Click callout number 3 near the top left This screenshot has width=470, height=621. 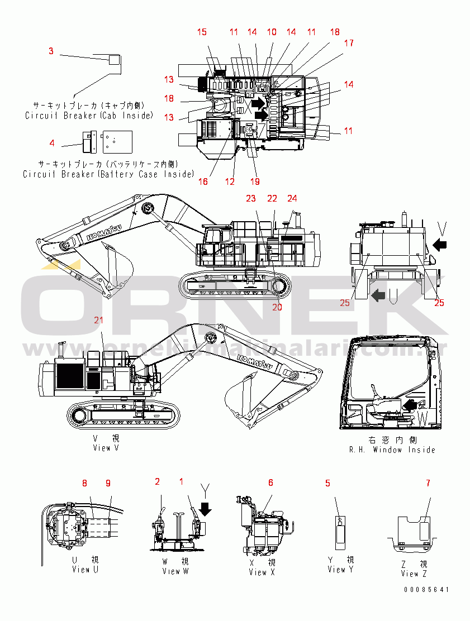tap(51, 51)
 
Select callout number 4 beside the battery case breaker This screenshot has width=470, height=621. tap(52, 143)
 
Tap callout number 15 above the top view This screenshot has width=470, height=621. tap(202, 32)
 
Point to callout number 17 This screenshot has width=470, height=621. tap(349, 43)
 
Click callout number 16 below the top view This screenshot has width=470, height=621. tap(203, 181)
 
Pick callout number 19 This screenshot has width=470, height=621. tap(255, 181)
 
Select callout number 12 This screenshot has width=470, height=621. tap(230, 181)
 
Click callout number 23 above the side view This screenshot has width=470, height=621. tap(251, 199)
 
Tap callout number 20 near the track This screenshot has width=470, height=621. tap(277, 307)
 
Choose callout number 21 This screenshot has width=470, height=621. tap(99, 320)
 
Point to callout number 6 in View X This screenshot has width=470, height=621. tap(270, 483)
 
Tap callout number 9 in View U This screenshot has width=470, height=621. tap(108, 483)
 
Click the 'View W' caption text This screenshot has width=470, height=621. tap(175, 571)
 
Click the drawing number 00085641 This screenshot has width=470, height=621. tap(428, 590)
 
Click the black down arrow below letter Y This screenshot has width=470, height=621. tap(206, 509)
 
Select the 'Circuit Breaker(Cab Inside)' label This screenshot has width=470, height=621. tap(89, 116)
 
